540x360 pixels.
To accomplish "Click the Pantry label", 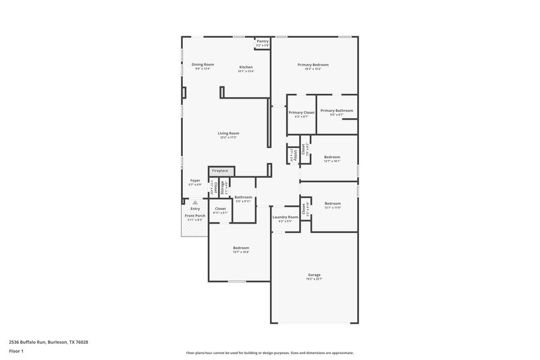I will pos(263,41).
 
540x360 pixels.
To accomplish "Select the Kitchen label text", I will pos(246,67).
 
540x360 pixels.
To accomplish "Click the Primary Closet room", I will pos(302,113).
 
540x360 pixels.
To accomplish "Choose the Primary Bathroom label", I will pos(336,111).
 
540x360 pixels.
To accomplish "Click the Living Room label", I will pos(228,133).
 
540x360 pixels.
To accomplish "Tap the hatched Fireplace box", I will pos(221,171).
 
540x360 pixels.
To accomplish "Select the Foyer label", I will pos(194,180).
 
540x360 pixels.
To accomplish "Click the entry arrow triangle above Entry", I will pos(194,202).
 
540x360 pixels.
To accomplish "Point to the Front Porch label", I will pos(195,216).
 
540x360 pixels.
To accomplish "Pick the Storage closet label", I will pos(223,187).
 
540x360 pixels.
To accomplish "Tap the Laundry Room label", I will pos(285,217).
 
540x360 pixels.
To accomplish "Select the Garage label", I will pos(314,275).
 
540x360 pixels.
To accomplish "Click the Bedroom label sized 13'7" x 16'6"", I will pos(241,248).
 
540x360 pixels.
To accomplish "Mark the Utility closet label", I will pos(293,156).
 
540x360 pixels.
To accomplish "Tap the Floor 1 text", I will pos(17,351).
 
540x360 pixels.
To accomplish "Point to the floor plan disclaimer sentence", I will pos(269,353).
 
